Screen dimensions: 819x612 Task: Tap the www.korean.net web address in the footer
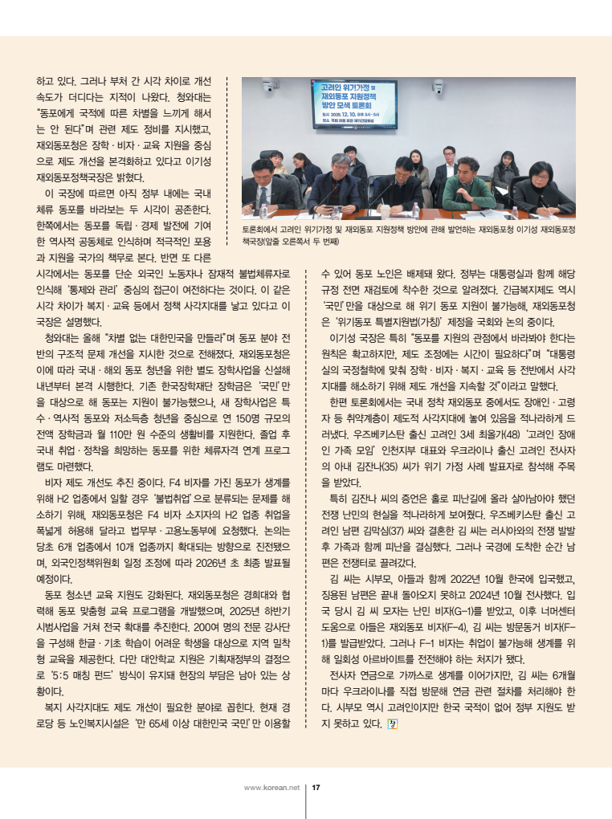point(271,787)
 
